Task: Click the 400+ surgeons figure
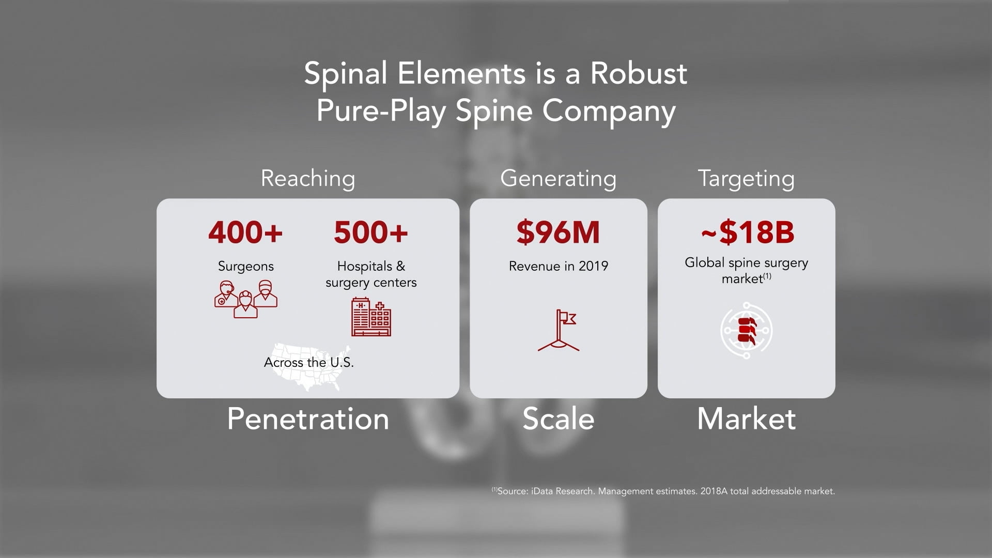coord(245,232)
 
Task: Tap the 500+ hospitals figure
coord(371,232)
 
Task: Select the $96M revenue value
coord(558,232)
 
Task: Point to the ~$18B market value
coord(747,232)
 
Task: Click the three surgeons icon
coord(246,299)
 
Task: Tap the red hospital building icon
coord(371,317)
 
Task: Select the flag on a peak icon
coord(559,330)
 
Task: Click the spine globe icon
coord(747,330)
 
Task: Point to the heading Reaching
coord(308,179)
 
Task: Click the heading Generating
coord(559,179)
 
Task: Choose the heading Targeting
coord(747,179)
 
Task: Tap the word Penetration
coord(308,419)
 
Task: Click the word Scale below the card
coord(559,419)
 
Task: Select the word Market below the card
coord(747,419)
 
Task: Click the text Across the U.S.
coord(309,362)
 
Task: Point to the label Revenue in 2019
coord(559,266)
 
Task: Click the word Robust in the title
coord(639,73)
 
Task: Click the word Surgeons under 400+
coord(246,267)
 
